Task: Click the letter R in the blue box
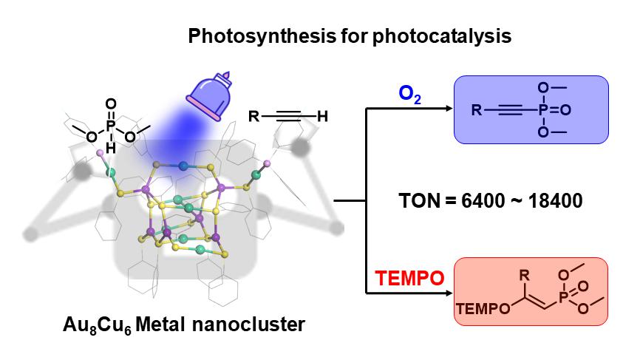tap(477, 112)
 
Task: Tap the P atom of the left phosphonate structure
tap(111, 127)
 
